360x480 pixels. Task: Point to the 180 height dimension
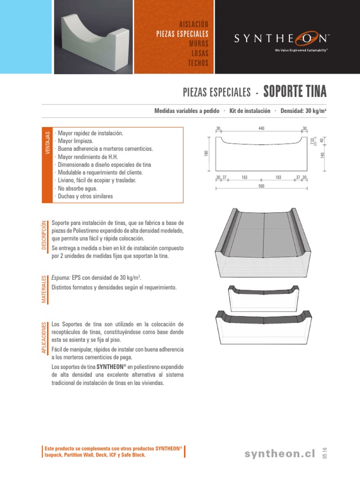click(x=206, y=154)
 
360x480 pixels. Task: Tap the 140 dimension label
click(x=322, y=155)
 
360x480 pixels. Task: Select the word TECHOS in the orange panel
click(x=198, y=63)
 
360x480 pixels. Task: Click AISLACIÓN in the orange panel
click(x=193, y=24)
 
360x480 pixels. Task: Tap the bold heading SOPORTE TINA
click(x=295, y=91)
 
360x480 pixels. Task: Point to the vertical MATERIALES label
click(x=45, y=289)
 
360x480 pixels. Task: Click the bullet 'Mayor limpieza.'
click(x=75, y=141)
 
